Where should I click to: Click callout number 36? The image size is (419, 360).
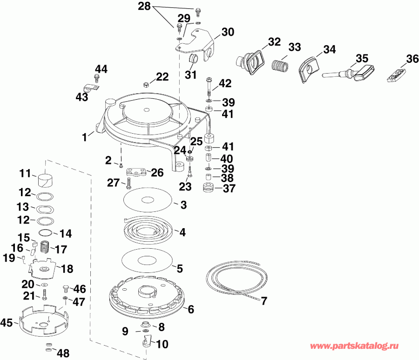(412, 60)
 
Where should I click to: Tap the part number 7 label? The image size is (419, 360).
(264, 300)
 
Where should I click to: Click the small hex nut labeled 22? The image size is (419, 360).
(146, 85)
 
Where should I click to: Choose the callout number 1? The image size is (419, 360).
(85, 137)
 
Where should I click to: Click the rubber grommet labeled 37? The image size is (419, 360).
(207, 188)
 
